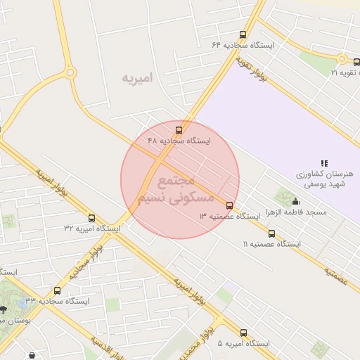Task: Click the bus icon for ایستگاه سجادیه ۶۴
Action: pos(243,34)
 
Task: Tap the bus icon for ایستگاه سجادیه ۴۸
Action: pos(179,130)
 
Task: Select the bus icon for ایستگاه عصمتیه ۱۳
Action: pos(229,205)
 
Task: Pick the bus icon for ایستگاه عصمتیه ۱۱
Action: pos(272,233)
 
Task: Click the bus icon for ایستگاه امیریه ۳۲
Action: pos(92,219)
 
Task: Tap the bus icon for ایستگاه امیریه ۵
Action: pos(244,333)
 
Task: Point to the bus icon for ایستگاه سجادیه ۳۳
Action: pos(58,290)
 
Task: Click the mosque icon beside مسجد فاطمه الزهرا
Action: pos(295,202)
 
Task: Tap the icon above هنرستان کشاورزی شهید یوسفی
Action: pos(324,163)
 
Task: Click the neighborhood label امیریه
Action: pos(136,77)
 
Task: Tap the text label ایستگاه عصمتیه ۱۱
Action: pos(271,244)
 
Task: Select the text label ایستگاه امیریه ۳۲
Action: pos(92,229)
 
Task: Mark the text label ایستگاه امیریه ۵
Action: pos(243,343)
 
